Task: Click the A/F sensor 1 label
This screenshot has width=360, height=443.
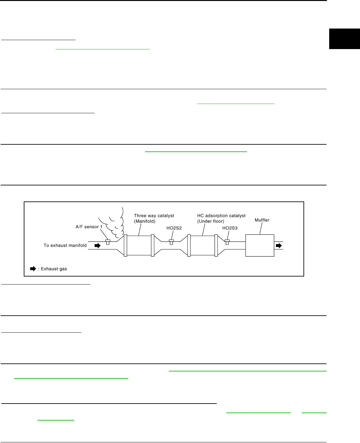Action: (x=89, y=227)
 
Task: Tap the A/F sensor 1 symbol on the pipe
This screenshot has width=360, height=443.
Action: (x=108, y=242)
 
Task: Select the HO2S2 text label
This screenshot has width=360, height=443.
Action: (x=174, y=228)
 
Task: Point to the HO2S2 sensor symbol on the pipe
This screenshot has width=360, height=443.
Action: (x=171, y=242)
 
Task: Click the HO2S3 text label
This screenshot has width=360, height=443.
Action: (x=230, y=228)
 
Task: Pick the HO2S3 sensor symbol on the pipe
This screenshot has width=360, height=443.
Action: (x=227, y=242)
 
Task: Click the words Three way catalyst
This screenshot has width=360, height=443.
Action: (x=154, y=216)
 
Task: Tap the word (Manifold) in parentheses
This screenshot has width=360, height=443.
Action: (x=145, y=221)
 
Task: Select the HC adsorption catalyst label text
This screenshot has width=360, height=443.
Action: (x=221, y=216)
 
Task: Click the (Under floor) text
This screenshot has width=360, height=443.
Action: (x=211, y=221)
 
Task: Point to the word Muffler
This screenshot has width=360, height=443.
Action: (x=262, y=220)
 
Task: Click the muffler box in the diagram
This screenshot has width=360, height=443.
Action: (x=259, y=245)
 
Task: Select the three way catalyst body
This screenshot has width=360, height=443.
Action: (x=139, y=245)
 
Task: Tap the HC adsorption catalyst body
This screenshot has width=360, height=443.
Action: (x=202, y=245)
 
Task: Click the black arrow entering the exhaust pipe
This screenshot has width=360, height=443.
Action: (x=97, y=246)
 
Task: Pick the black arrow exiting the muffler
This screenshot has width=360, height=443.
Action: (x=279, y=246)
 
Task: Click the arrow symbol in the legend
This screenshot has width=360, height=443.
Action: (x=33, y=269)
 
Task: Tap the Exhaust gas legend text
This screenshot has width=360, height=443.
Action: (x=54, y=269)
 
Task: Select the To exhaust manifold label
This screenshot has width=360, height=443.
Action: (x=65, y=245)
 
